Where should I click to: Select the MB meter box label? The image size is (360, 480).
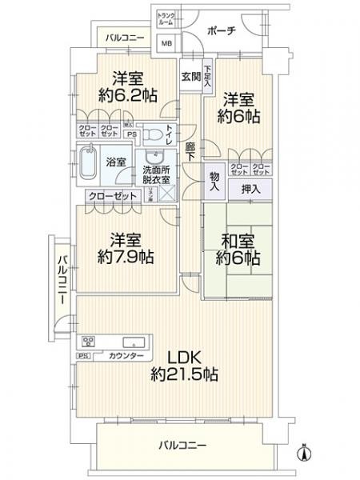click(x=166, y=44)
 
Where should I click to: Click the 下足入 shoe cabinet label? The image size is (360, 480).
click(x=207, y=74)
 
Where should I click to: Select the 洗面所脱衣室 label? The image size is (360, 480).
click(x=155, y=174)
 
